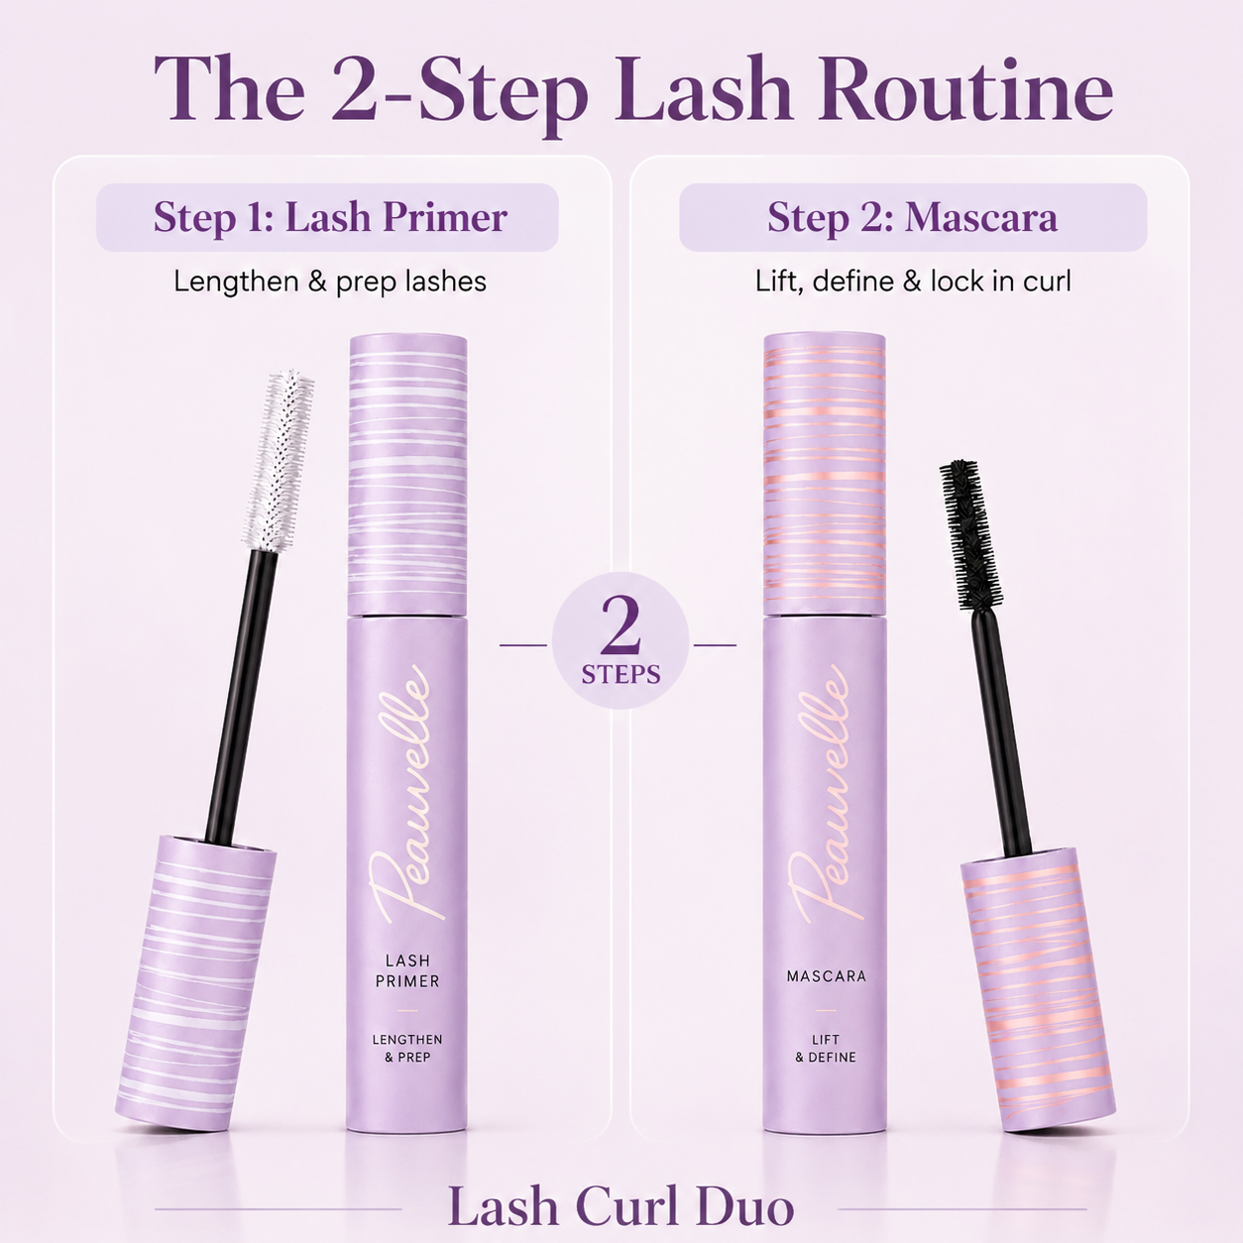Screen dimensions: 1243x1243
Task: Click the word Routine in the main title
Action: [965, 90]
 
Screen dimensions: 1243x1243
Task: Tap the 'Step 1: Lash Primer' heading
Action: [330, 217]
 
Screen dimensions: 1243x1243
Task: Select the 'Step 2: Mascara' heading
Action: [912, 217]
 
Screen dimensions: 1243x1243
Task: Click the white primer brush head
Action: [279, 460]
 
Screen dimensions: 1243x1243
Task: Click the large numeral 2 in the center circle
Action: [620, 623]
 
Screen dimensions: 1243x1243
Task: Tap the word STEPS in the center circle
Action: [621, 674]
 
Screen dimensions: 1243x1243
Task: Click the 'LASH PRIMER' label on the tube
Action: [407, 970]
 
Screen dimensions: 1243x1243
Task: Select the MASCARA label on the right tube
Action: [827, 976]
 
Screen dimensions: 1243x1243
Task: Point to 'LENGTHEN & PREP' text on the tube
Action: [407, 1048]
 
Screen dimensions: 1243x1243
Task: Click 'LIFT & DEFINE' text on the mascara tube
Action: [826, 1048]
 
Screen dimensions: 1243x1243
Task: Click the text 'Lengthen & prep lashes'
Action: [330, 282]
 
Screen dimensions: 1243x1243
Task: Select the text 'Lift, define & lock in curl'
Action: [913, 282]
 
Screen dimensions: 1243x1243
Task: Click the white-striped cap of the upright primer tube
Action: [407, 474]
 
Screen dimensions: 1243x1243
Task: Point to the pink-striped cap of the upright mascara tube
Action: [825, 474]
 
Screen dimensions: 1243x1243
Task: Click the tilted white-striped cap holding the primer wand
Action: [196, 984]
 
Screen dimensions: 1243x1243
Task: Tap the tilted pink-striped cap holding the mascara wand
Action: [1038, 989]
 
